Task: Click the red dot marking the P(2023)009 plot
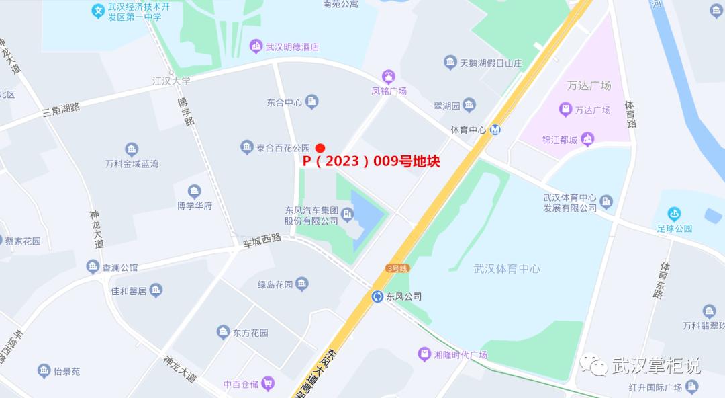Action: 320,148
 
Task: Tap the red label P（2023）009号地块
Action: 371,162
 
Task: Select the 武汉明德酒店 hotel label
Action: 292,47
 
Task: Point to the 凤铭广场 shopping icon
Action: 389,76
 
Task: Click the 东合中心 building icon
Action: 311,102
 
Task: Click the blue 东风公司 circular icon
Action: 378,296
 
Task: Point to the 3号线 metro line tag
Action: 397,268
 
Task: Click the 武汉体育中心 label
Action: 507,268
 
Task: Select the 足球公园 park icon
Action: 674,214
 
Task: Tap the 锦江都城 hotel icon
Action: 588,139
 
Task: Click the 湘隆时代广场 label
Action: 460,354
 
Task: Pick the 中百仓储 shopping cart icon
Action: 269,383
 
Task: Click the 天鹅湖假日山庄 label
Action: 491,63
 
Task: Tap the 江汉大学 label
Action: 171,81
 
